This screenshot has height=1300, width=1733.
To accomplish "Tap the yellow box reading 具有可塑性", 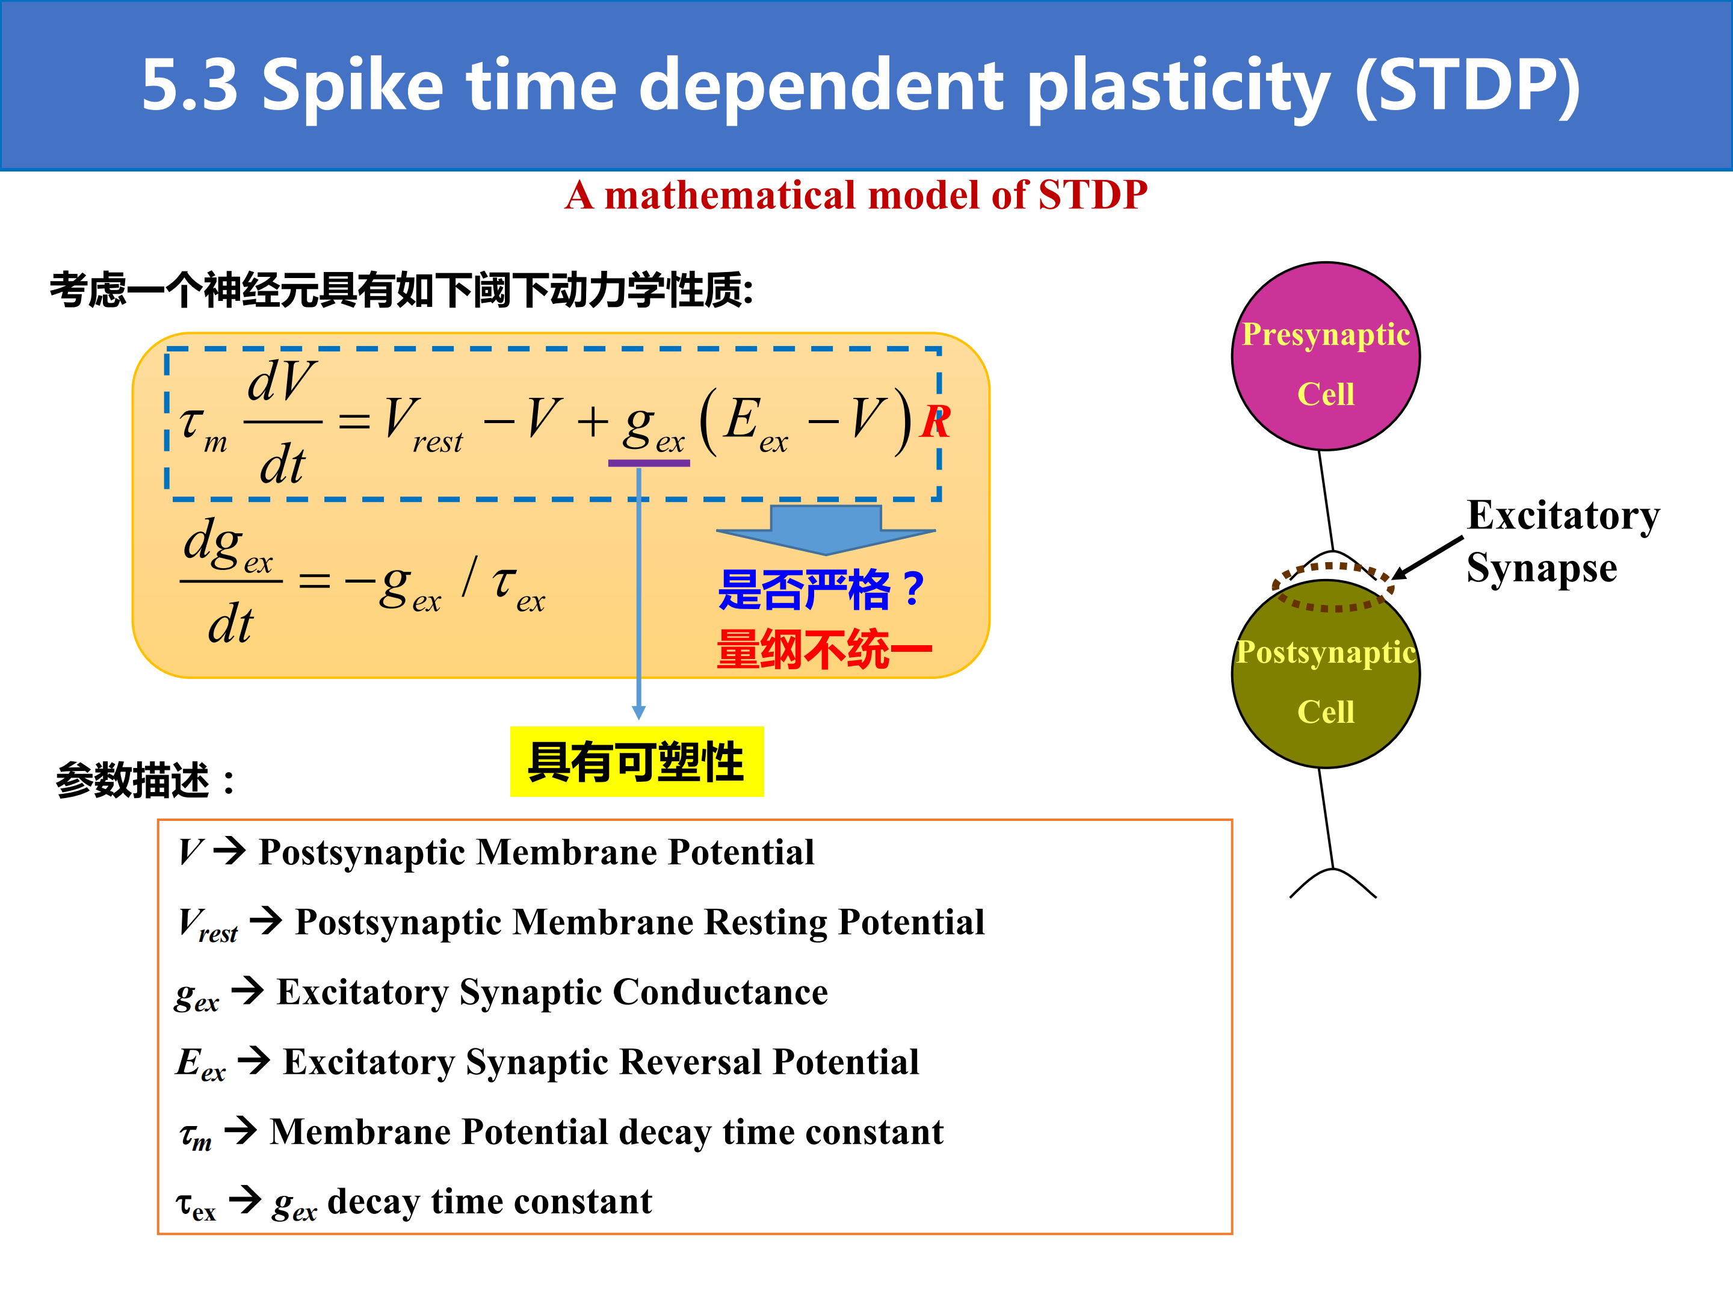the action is coord(637,762).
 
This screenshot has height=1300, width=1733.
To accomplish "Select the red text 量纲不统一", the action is coord(824,649).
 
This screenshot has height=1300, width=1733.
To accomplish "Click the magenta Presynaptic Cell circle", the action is coord(1326,356).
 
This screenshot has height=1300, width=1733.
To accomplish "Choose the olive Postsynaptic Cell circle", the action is coord(1326,674).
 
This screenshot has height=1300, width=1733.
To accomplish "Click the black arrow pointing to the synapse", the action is coord(1427,559).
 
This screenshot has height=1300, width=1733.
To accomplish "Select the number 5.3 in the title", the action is coord(190,85).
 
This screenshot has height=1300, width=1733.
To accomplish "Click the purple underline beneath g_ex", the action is coord(649,463).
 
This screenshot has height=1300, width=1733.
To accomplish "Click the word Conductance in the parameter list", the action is coord(720,992).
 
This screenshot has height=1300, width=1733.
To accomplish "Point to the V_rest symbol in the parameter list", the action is coord(208,924).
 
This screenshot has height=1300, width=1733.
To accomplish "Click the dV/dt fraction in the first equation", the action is coord(283,421).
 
